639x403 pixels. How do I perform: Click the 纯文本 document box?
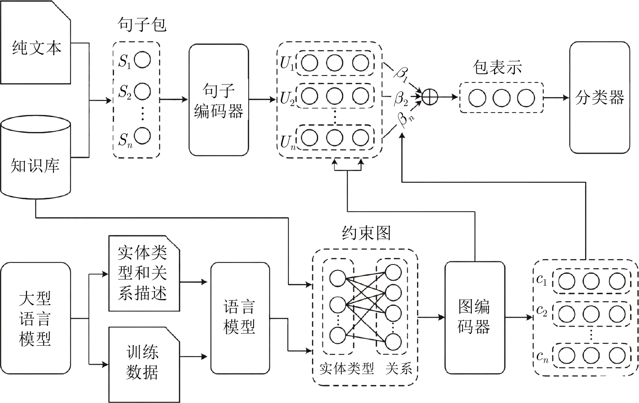[x=35, y=42]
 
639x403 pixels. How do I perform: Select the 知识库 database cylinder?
[x=35, y=157]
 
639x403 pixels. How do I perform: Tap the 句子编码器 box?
[x=219, y=100]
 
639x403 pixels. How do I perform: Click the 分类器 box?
[x=600, y=97]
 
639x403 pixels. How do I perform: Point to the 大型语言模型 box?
[x=35, y=318]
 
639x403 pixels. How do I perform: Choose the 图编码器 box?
[x=475, y=318]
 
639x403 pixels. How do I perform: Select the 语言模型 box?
[x=240, y=318]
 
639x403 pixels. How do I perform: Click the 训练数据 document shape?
[x=144, y=365]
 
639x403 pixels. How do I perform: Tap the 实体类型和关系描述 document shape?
[x=144, y=273]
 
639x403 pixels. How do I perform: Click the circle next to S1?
[x=142, y=60]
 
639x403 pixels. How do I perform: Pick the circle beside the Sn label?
[x=142, y=136]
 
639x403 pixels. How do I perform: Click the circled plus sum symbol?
[x=430, y=97]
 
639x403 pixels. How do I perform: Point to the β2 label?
[x=401, y=99]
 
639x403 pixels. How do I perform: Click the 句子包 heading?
[x=142, y=24]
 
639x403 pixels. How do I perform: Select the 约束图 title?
[x=366, y=233]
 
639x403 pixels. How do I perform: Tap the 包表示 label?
[x=497, y=67]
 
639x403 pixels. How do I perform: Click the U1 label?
[x=287, y=63]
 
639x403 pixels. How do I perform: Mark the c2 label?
[x=542, y=310]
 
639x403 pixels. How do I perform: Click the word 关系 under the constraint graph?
[x=398, y=368]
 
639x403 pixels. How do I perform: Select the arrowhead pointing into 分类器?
[x=566, y=97]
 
